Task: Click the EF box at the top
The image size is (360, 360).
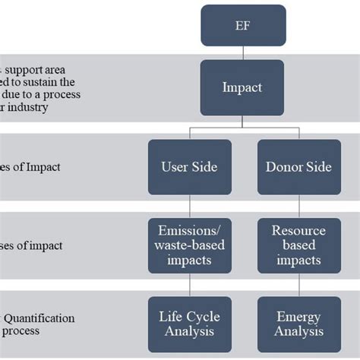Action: click(x=243, y=25)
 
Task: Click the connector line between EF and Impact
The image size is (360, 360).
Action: click(x=243, y=52)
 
